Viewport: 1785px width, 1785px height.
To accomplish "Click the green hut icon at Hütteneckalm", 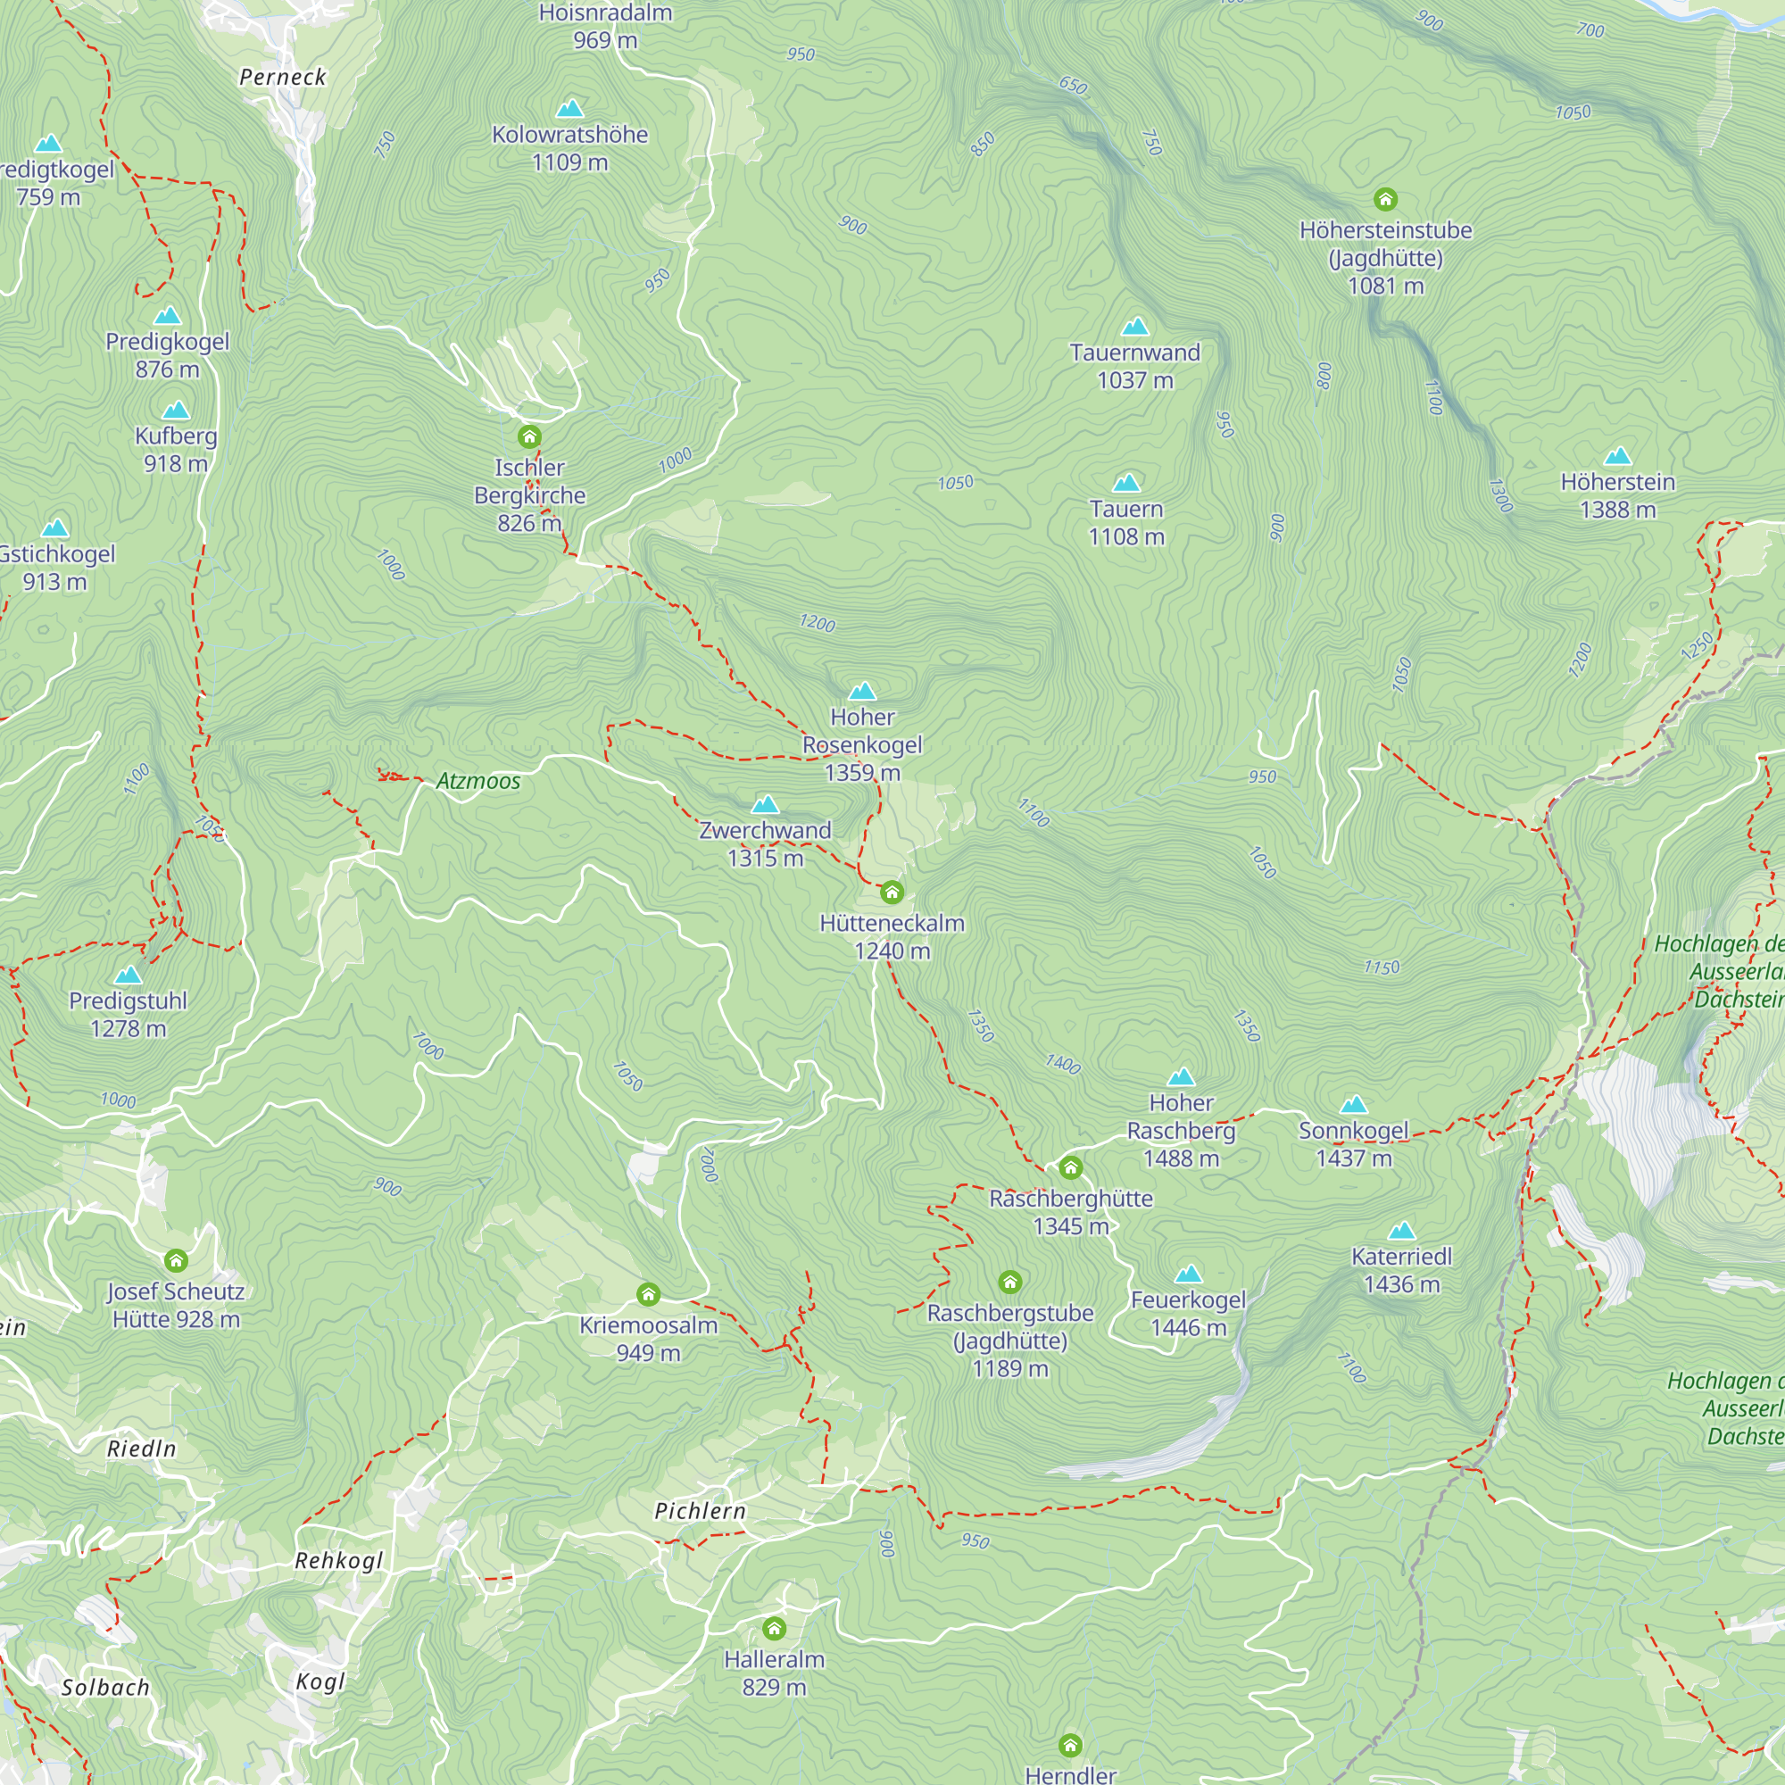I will coord(892,892).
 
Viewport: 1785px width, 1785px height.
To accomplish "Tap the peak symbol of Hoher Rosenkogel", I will coord(862,691).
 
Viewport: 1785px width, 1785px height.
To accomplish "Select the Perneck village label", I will coord(283,78).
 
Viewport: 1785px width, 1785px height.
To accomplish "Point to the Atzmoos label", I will coord(477,782).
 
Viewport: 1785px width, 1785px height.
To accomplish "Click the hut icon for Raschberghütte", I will coord(1071,1167).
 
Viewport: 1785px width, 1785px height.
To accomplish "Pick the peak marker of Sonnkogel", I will coord(1354,1104).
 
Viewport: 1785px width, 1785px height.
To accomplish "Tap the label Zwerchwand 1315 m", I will coord(765,843).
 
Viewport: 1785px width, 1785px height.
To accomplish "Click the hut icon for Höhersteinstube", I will coord(1385,200).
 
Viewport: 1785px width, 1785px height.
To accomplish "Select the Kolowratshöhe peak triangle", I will coord(570,109).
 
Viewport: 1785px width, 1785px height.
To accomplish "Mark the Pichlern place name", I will coord(700,1512).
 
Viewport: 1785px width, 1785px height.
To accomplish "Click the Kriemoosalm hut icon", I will coord(649,1294).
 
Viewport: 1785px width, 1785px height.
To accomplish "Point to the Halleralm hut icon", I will coord(774,1628).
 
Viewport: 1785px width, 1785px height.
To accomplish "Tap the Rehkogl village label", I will coord(338,1561).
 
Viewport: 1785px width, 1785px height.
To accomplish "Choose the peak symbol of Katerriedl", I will coord(1401,1231).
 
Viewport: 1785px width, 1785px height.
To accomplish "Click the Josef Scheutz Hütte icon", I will coord(177,1260).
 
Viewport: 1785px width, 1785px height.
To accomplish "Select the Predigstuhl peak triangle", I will coord(129,976).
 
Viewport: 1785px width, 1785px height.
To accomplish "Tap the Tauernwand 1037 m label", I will coord(1134,366).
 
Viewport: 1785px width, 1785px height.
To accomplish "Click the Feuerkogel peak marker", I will coord(1188,1274).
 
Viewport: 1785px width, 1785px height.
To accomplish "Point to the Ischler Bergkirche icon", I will coord(529,436).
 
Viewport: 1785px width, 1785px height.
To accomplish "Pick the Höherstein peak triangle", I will coord(1618,456).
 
